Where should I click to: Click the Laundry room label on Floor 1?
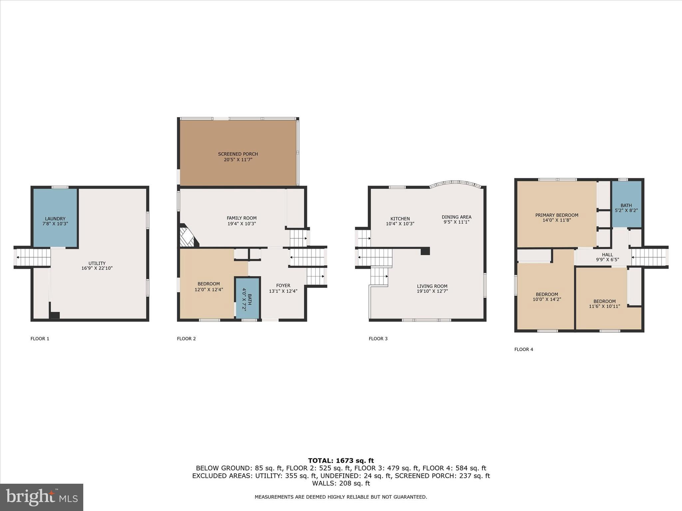click(55, 219)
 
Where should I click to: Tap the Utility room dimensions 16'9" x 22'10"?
click(97, 268)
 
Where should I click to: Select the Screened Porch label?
click(238, 154)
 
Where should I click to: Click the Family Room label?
click(241, 218)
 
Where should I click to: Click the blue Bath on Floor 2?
click(247, 297)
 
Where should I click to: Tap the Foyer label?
click(283, 285)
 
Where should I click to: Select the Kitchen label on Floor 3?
click(400, 219)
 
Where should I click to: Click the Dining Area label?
click(456, 217)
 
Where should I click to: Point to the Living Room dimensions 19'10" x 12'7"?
click(432, 291)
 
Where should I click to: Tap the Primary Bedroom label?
click(556, 215)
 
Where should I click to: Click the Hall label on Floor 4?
click(607, 255)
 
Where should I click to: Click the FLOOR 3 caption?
click(378, 339)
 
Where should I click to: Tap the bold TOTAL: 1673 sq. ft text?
click(341, 461)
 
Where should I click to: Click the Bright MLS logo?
click(42, 497)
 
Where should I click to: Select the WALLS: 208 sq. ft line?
click(341, 483)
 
